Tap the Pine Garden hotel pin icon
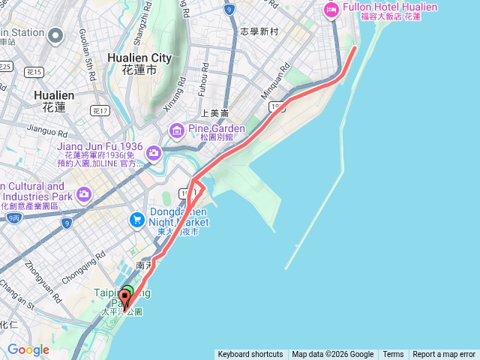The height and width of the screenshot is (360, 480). (x=177, y=132)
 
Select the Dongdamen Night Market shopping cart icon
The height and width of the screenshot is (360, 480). (x=136, y=220)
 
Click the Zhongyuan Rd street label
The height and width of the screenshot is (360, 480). (x=39, y=275)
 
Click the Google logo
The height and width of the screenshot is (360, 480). (x=28, y=350)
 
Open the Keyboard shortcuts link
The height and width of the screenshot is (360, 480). (x=250, y=355)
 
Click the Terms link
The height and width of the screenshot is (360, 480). (x=393, y=355)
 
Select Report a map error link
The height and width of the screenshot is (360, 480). (x=444, y=355)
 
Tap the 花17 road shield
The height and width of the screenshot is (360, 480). (x=100, y=110)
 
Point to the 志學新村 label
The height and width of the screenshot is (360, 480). (x=259, y=32)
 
